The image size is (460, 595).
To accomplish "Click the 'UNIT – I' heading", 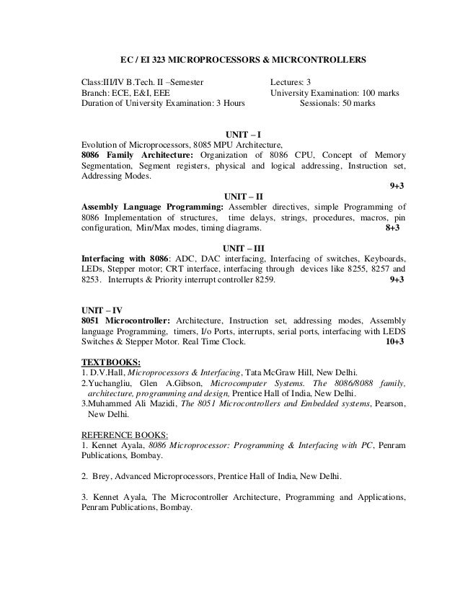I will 244,134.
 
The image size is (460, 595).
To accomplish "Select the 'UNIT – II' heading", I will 244,196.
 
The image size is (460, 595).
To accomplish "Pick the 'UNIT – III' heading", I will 244,247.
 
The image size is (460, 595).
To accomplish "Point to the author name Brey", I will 103,477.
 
